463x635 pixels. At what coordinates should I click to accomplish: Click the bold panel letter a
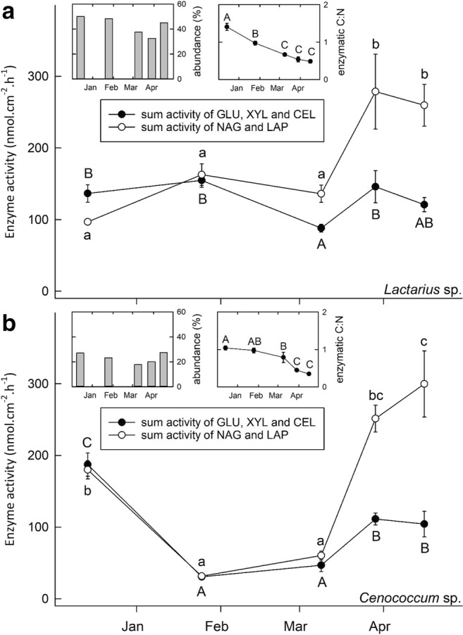tap(10, 13)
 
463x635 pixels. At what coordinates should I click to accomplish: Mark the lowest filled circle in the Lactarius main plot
tap(321, 228)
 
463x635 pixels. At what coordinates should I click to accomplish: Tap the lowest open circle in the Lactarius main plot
tap(87, 222)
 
